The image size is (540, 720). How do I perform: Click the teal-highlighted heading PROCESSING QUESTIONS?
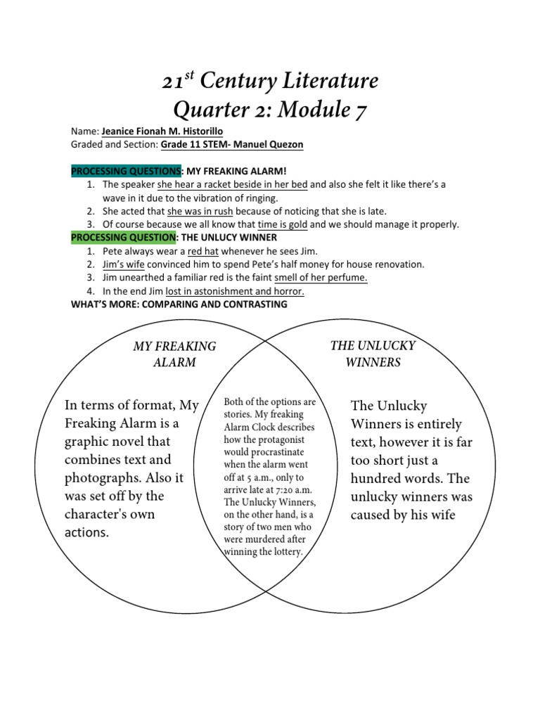click(x=126, y=171)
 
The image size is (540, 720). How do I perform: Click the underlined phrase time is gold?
click(x=283, y=224)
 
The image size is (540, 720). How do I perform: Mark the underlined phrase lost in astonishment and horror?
click(x=235, y=291)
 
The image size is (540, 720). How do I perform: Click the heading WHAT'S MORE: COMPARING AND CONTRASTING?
click(x=179, y=304)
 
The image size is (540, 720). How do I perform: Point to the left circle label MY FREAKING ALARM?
click(x=174, y=354)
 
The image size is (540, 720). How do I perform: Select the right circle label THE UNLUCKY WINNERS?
click(x=373, y=354)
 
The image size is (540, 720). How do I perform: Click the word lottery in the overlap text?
click(x=283, y=553)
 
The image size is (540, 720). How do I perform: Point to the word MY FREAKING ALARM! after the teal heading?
click(x=237, y=171)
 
